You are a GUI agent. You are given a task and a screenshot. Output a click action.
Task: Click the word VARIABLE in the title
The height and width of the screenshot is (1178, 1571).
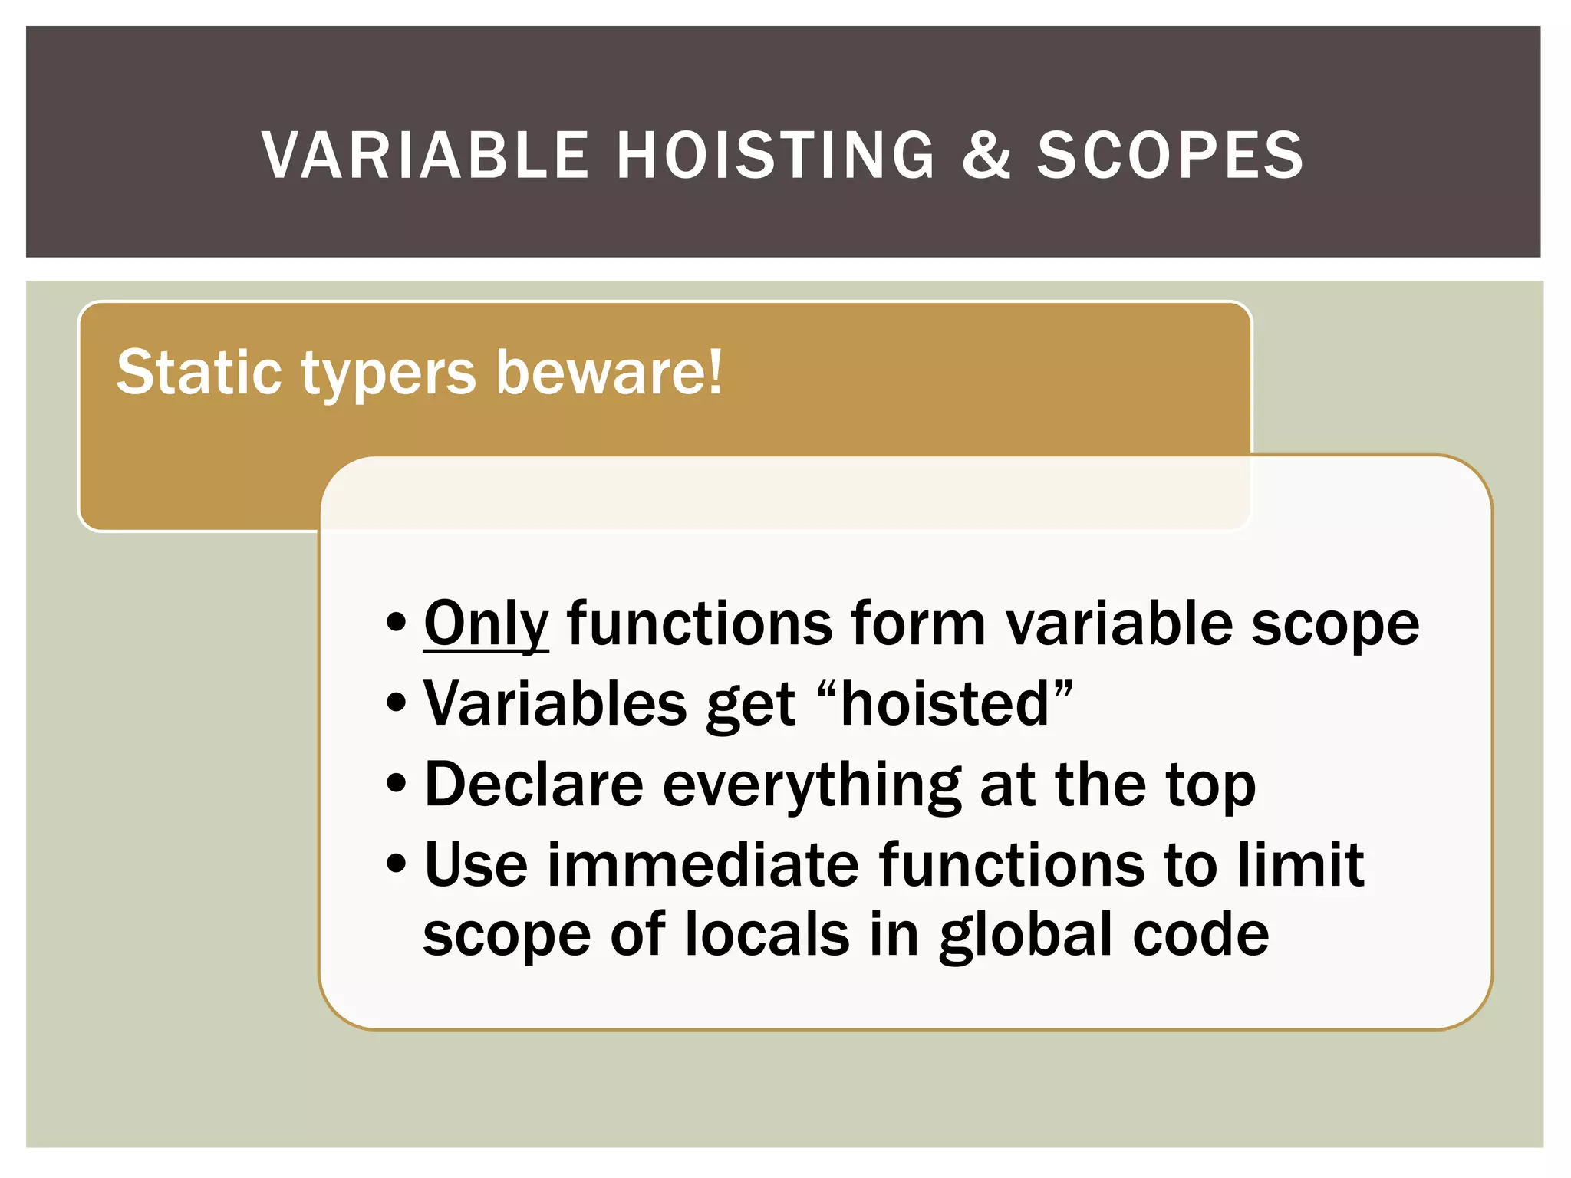click(424, 156)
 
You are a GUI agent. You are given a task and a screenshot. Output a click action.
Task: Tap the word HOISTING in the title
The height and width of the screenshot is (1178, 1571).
click(776, 156)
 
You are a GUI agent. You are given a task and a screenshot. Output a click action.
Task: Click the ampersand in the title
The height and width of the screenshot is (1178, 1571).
click(986, 156)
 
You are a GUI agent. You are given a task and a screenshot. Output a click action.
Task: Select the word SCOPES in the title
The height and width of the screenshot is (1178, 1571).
click(1170, 156)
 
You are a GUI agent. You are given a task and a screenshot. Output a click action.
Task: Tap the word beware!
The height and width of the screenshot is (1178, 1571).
click(608, 373)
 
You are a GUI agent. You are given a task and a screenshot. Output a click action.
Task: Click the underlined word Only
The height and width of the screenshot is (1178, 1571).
click(486, 625)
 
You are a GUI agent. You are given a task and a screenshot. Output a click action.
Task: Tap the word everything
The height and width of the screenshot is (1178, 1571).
click(812, 787)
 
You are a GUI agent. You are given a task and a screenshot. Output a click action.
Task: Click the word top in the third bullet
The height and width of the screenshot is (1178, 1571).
click(1210, 787)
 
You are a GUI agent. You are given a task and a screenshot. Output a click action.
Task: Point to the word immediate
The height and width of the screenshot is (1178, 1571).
click(702, 865)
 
